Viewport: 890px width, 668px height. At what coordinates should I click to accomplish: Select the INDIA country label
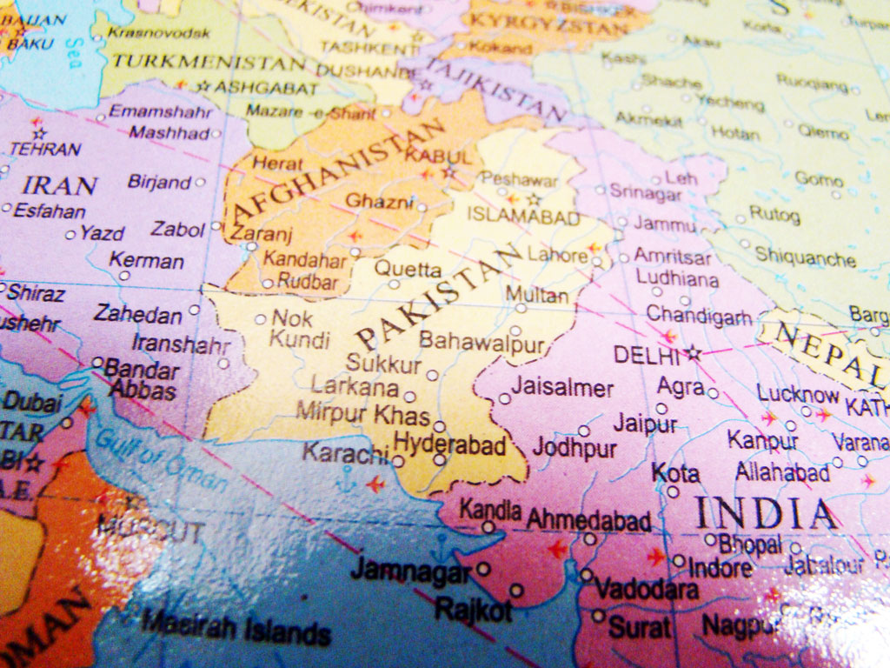click(x=765, y=513)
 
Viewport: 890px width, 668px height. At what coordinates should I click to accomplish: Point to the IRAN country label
click(x=59, y=184)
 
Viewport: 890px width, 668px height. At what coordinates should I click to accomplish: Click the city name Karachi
click(x=344, y=452)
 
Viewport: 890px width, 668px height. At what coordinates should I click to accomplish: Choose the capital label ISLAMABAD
click(x=523, y=217)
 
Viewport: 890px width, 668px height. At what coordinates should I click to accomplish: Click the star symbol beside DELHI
click(x=693, y=353)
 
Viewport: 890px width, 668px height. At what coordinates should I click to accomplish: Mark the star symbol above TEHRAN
click(x=39, y=134)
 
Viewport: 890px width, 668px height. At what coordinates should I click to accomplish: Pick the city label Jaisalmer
click(x=561, y=388)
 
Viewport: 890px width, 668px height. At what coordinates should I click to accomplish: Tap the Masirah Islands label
click(x=236, y=627)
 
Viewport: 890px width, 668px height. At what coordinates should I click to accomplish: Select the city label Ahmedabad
click(x=589, y=520)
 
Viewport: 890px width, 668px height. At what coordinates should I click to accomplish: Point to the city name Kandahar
click(x=305, y=258)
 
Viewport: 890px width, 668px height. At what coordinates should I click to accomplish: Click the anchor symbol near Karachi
click(x=347, y=477)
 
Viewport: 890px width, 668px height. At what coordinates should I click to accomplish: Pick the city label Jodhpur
click(x=575, y=449)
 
